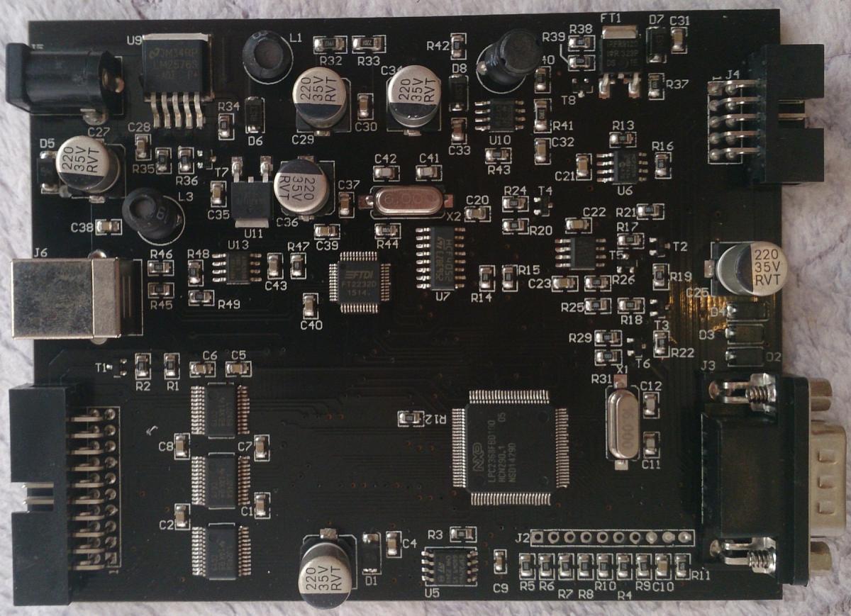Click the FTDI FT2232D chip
[360, 281]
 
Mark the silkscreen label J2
[523, 535]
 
